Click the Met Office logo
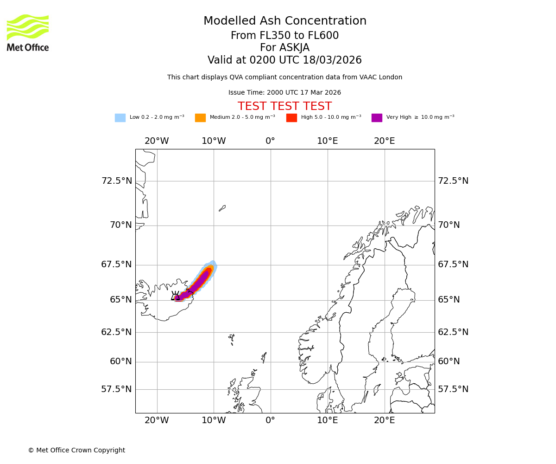(28, 32)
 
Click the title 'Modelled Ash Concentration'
(285, 21)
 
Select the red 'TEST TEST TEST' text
(284, 107)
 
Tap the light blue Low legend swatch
(120, 118)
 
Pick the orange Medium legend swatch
(200, 118)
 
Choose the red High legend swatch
(291, 118)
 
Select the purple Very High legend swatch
(377, 118)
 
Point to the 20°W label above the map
(157, 141)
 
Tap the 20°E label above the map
(385, 141)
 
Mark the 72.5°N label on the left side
(117, 181)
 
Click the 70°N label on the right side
(449, 225)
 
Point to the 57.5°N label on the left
(117, 389)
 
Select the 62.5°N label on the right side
(453, 332)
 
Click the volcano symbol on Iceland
(176, 296)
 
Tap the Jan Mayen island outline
(222, 208)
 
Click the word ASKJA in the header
(297, 48)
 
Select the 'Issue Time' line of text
(284, 93)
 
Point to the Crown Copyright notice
(76, 451)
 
